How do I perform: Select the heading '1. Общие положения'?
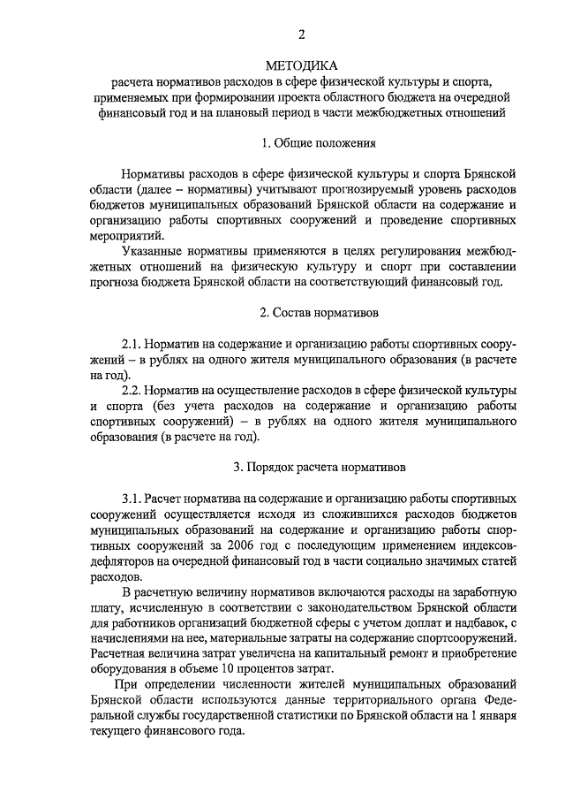[x=320, y=142]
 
